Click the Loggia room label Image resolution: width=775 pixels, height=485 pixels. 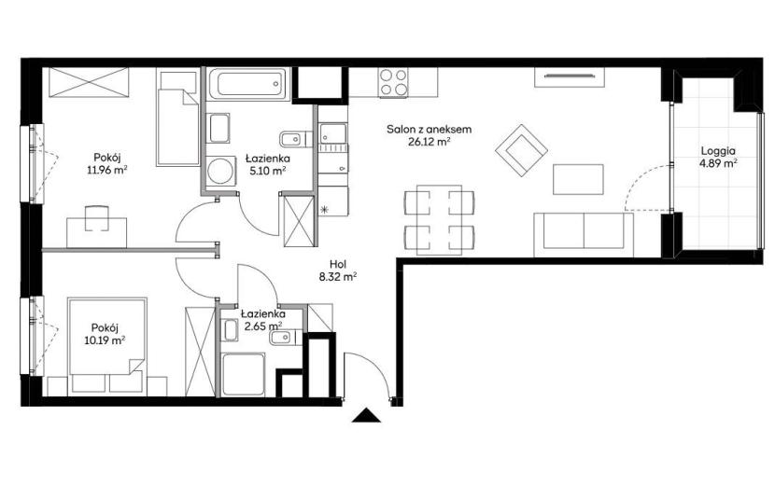click(x=718, y=151)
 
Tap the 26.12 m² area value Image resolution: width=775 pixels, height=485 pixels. click(x=429, y=142)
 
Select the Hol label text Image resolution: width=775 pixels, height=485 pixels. click(x=338, y=264)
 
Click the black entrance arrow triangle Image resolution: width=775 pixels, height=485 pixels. click(x=366, y=416)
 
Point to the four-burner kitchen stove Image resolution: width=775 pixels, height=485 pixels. click(x=394, y=81)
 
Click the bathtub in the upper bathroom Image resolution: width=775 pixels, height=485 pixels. click(x=247, y=84)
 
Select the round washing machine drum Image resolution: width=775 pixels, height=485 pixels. click(x=218, y=172)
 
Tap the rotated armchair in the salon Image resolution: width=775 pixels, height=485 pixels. click(x=521, y=150)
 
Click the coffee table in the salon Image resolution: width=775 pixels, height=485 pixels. click(x=578, y=179)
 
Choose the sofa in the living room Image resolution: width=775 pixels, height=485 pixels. click(x=584, y=235)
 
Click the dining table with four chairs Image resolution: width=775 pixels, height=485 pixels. click(x=440, y=220)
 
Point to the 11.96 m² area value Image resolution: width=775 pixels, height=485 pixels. click(x=107, y=170)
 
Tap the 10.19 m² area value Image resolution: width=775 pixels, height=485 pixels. click(x=105, y=339)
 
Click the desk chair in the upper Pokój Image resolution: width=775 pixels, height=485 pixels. click(x=96, y=218)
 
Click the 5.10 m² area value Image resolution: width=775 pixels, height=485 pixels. click(x=267, y=171)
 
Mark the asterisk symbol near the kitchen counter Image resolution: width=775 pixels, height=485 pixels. click(x=324, y=210)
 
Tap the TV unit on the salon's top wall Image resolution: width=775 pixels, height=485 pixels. click(x=569, y=77)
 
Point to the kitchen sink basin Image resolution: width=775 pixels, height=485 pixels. click(x=332, y=133)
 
